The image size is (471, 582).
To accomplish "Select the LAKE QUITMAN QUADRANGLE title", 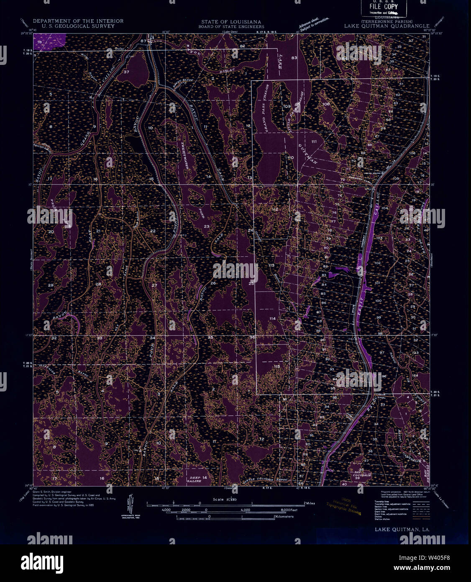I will pyautogui.click(x=381, y=26).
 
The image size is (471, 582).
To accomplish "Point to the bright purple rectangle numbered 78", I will pyautogui.click(x=49, y=42).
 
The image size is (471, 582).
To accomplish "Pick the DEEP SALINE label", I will pyautogui.click(x=195, y=479).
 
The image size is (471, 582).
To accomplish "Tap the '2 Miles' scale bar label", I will pyautogui.click(x=310, y=503).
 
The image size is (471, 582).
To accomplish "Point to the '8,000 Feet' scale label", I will pyautogui.click(x=289, y=510).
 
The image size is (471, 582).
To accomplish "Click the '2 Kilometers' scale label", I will pyautogui.click(x=283, y=517).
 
